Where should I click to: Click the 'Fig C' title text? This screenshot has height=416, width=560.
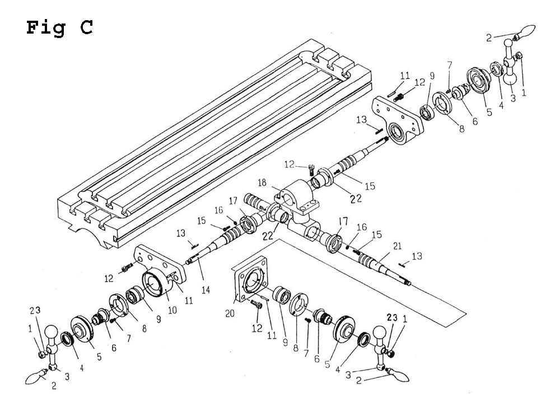pyautogui.click(x=59, y=27)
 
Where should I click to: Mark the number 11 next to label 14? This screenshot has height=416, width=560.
pyautogui.click(x=189, y=300)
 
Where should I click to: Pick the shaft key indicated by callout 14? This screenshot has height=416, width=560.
pyautogui.click(x=192, y=260)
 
